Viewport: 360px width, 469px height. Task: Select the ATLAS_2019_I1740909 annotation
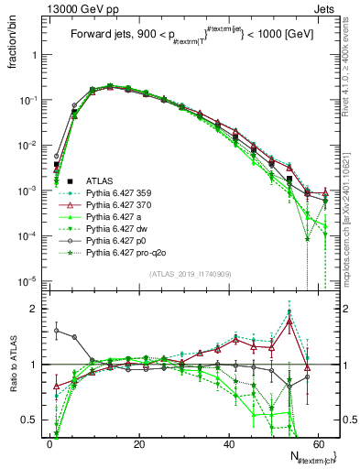pyautogui.click(x=190, y=274)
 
